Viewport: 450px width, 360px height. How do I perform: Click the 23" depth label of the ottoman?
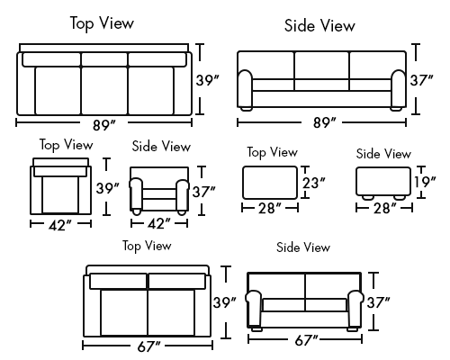(314, 183)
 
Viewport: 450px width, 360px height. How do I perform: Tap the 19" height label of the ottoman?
(425, 181)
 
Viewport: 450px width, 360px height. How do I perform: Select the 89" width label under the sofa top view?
(104, 125)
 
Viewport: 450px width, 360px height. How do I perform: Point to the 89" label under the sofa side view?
(325, 122)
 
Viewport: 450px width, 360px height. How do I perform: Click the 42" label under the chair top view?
(60, 225)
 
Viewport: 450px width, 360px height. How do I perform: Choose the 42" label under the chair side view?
(159, 223)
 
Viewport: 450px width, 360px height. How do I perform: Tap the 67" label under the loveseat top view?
(149, 346)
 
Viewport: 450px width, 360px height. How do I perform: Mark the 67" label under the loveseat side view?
(306, 340)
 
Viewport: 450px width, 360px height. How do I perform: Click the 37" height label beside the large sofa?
(422, 80)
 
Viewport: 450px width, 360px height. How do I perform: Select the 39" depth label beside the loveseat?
(225, 302)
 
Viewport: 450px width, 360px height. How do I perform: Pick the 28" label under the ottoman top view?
(270, 208)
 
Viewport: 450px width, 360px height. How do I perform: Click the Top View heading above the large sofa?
(102, 23)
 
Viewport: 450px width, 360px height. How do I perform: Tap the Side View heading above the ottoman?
(383, 154)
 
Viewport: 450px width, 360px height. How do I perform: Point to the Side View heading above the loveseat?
(303, 247)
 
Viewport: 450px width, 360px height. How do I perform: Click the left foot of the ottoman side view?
(368, 198)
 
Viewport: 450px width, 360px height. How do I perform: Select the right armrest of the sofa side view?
(399, 89)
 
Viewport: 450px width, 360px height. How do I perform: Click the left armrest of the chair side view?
(136, 194)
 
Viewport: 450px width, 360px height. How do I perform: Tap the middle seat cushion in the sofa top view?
(104, 90)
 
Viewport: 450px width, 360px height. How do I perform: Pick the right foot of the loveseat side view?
(352, 329)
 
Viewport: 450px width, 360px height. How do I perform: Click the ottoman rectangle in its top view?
(270, 183)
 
